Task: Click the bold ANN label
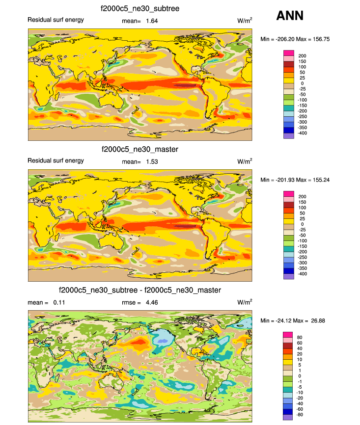click(x=290, y=16)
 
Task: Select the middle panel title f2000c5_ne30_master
click(x=139, y=149)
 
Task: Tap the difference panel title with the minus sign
click(x=139, y=290)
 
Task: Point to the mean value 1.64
click(x=151, y=21)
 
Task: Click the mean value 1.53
click(x=151, y=161)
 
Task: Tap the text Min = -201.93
click(x=277, y=180)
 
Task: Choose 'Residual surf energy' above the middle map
click(x=55, y=160)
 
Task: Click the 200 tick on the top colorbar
click(x=303, y=56)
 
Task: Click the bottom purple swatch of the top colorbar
click(x=288, y=136)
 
